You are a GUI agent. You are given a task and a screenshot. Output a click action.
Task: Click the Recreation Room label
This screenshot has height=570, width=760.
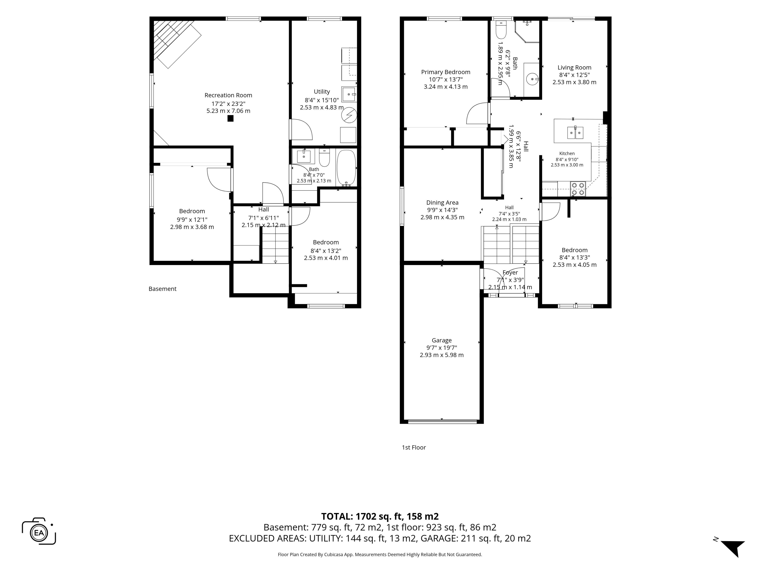[228, 95]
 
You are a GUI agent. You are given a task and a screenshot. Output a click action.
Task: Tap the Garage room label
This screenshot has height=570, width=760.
[442, 340]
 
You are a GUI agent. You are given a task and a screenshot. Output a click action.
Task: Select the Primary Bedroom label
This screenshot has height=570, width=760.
[446, 72]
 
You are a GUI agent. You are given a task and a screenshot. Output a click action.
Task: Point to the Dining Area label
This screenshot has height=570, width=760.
[442, 202]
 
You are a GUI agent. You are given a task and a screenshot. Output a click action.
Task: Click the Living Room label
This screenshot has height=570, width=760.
[574, 67]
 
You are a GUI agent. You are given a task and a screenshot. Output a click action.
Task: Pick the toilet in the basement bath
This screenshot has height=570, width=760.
[324, 157]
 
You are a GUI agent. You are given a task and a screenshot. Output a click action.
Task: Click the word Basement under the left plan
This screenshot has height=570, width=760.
[162, 289]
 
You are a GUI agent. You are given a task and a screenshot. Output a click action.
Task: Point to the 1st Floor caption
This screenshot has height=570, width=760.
[414, 447]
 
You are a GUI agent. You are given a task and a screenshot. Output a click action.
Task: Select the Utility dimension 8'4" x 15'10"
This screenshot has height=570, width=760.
[322, 100]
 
